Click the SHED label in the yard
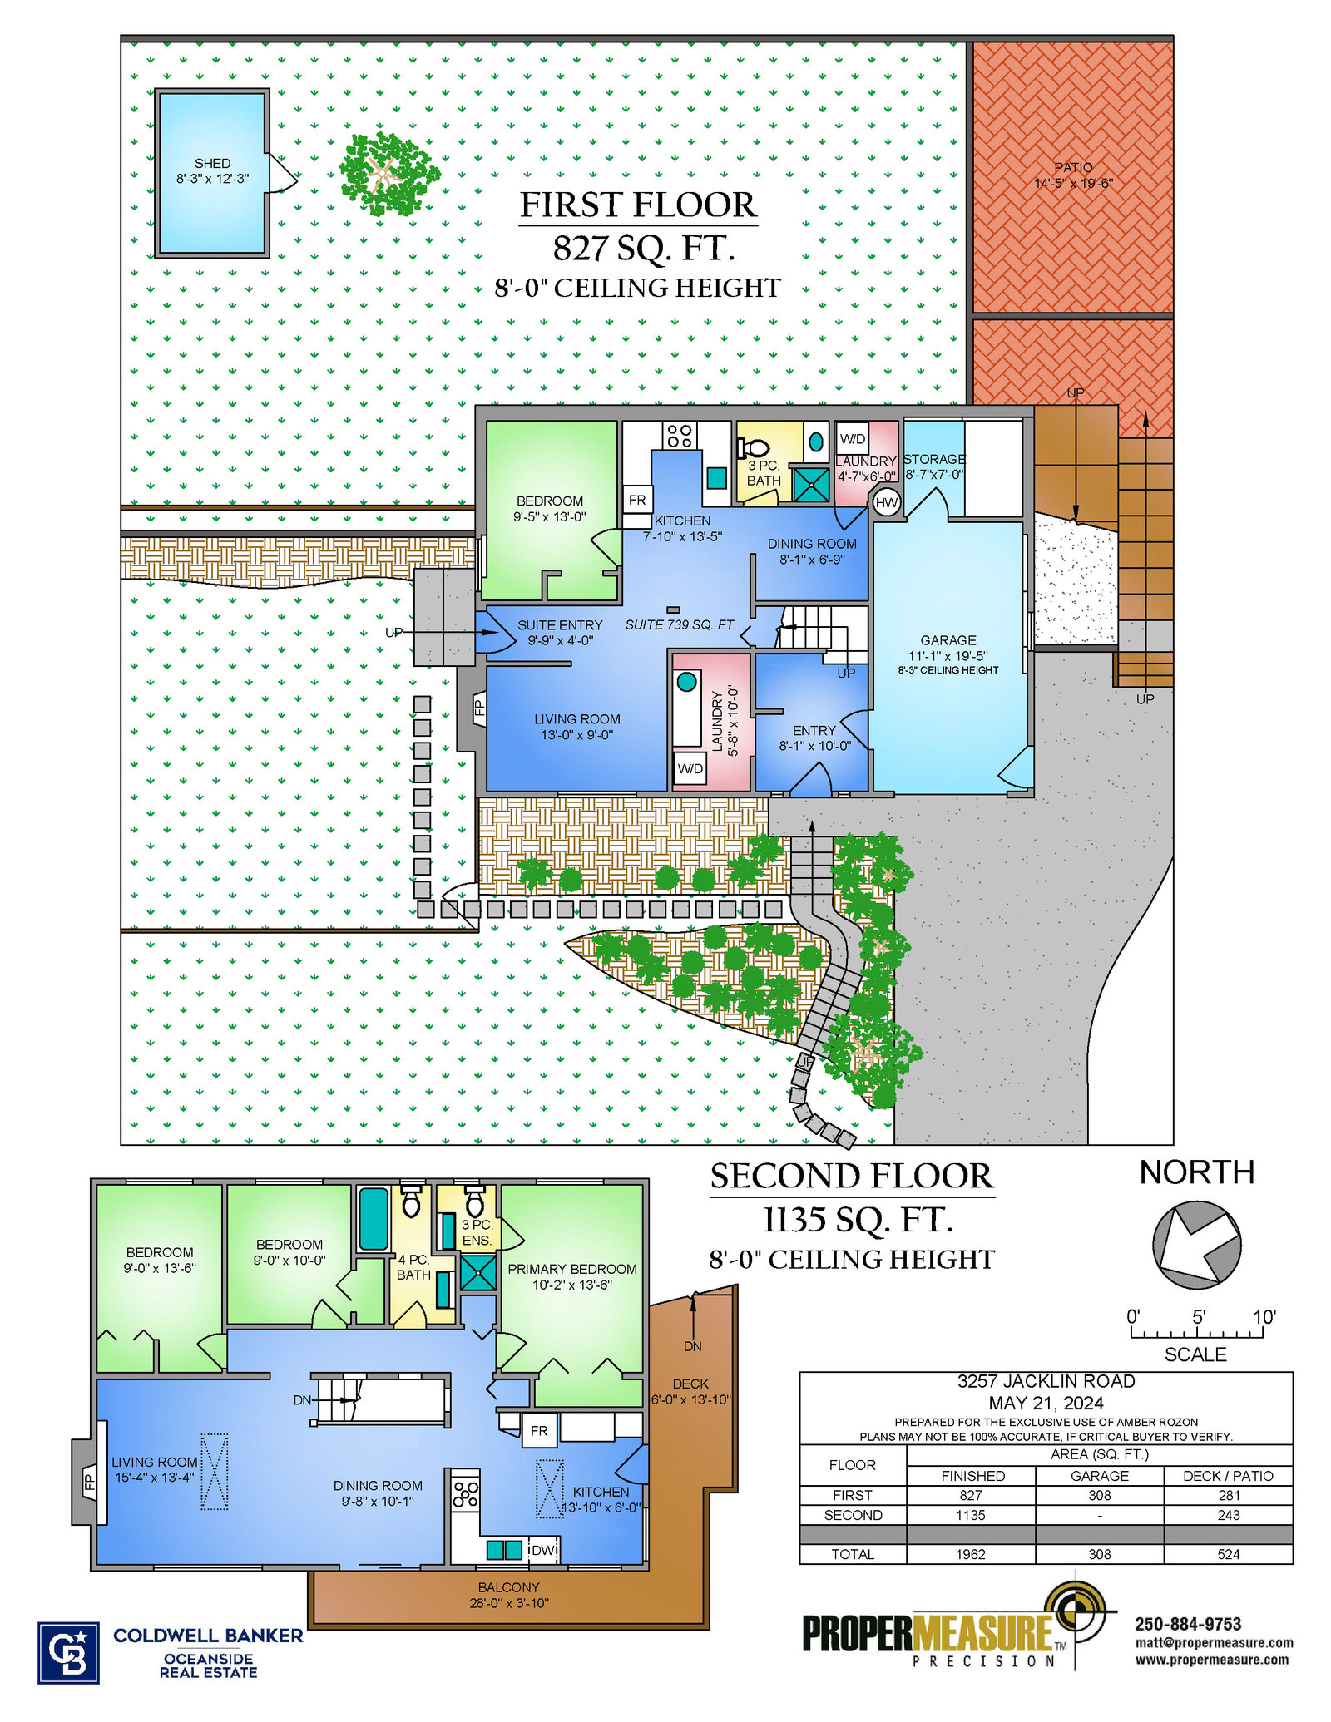(x=212, y=164)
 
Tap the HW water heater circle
(x=886, y=502)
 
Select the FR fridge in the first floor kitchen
(x=637, y=500)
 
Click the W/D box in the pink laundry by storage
(x=853, y=438)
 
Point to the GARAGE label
(x=948, y=640)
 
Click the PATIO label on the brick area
(x=1073, y=167)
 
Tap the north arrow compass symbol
(x=1196, y=1245)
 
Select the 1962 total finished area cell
(x=971, y=1554)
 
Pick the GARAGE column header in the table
(x=1100, y=1476)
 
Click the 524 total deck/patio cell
(x=1229, y=1554)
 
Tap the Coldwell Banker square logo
(x=68, y=1653)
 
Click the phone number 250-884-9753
(x=1188, y=1624)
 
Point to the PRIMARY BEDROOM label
(x=572, y=1269)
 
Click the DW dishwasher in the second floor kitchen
(x=543, y=1550)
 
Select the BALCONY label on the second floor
(x=508, y=1587)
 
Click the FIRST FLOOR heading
(x=639, y=205)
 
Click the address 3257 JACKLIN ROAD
(x=1046, y=1381)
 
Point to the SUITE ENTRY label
(x=560, y=625)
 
